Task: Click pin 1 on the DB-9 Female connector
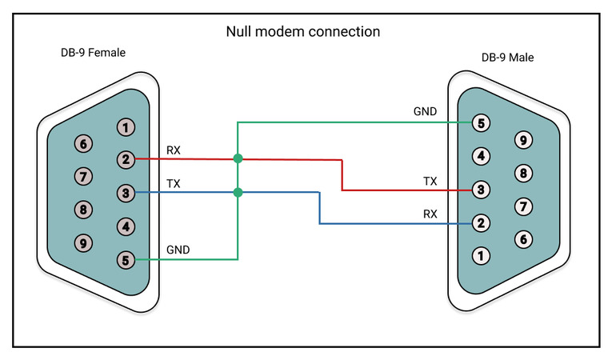coord(126,126)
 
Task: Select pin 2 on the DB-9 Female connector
coord(126,159)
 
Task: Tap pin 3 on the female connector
coord(126,193)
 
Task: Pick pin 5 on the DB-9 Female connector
coord(126,259)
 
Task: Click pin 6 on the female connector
coord(82,143)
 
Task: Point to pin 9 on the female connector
coord(82,242)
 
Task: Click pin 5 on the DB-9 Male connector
coord(481,122)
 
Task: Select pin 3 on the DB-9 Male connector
coord(481,190)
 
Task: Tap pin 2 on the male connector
coord(481,223)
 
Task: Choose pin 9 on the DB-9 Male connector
coord(524,140)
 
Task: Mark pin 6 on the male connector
coord(524,238)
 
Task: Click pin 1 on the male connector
coord(481,256)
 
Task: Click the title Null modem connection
coord(303,32)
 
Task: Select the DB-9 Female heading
coord(88,53)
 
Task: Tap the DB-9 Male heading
coord(507,58)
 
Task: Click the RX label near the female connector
coord(174,150)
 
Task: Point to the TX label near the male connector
coord(430,181)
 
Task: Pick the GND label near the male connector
coord(425,111)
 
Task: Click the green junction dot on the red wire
coord(238,158)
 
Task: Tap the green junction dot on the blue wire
coord(238,192)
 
